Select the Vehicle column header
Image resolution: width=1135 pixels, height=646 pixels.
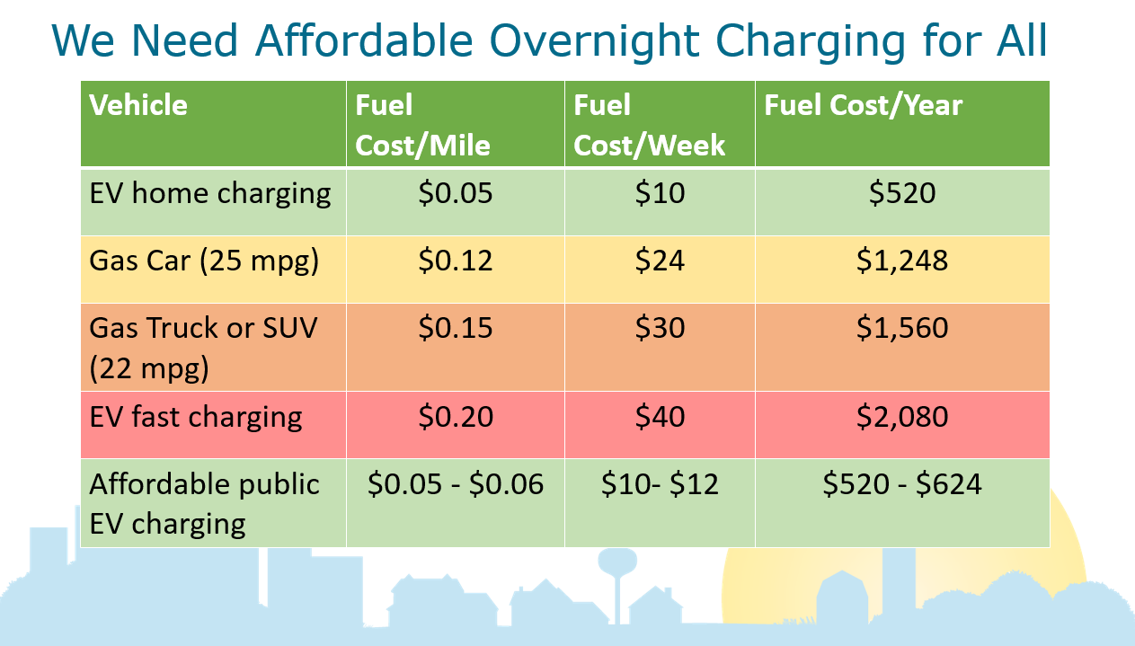pyautogui.click(x=138, y=105)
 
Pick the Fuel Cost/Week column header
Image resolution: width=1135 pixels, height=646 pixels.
pyautogui.click(x=649, y=125)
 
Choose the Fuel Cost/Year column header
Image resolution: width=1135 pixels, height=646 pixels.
pyautogui.click(x=863, y=105)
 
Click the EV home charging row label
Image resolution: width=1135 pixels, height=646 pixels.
pyautogui.click(x=210, y=192)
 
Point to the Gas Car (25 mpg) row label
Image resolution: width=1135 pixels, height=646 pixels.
pyautogui.click(x=204, y=261)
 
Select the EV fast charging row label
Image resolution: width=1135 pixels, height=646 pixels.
pyautogui.click(x=196, y=416)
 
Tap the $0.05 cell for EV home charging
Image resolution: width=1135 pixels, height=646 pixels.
pyautogui.click(x=456, y=192)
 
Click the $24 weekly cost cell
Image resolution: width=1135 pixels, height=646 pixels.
pyautogui.click(x=660, y=261)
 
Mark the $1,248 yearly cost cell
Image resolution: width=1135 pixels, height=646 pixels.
pyautogui.click(x=902, y=261)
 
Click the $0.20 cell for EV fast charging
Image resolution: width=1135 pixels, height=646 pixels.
pyautogui.click(x=456, y=416)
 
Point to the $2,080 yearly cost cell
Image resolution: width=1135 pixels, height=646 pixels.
pyautogui.click(x=902, y=416)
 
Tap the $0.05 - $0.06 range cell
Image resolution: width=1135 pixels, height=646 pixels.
pyautogui.click(x=456, y=484)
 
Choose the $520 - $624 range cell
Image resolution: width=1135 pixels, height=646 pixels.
pyautogui.click(x=902, y=484)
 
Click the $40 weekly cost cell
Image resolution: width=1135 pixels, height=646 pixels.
pyautogui.click(x=660, y=416)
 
